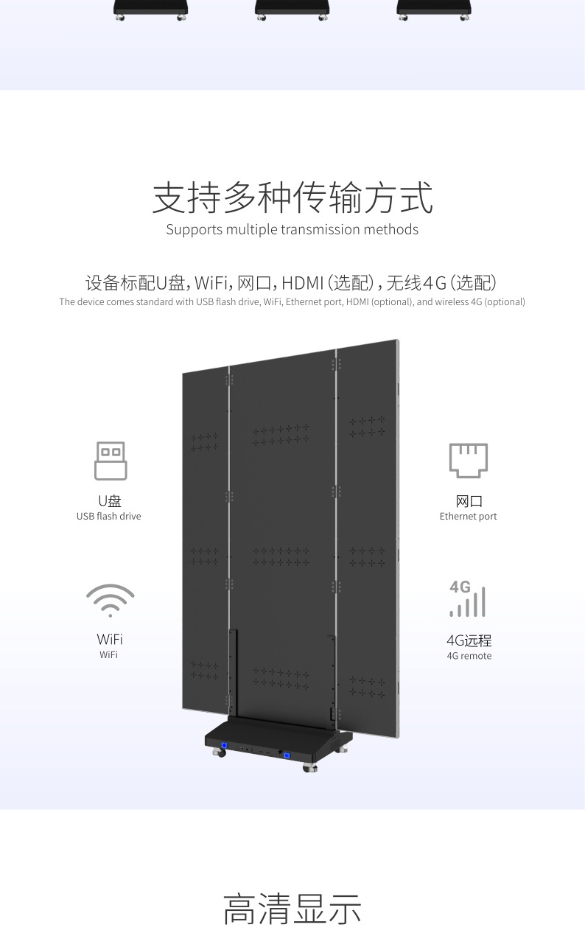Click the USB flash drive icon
[110, 461]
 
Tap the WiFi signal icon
[110, 600]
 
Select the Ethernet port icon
[469, 461]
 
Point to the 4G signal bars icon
[468, 598]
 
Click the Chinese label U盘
[109, 501]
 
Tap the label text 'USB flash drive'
[108, 517]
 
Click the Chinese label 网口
[469, 501]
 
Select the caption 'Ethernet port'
[469, 517]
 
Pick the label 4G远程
[469, 640]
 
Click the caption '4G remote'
[469, 656]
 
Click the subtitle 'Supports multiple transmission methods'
[292, 230]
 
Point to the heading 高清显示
[292, 909]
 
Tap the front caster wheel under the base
[310, 768]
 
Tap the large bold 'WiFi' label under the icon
[110, 639]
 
